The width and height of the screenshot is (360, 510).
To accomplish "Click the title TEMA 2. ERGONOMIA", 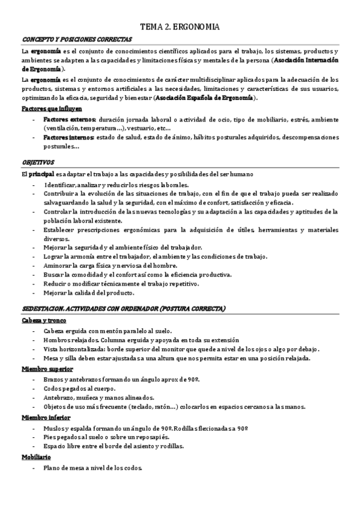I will [180, 26].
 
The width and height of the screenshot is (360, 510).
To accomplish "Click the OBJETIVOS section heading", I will [38, 162].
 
